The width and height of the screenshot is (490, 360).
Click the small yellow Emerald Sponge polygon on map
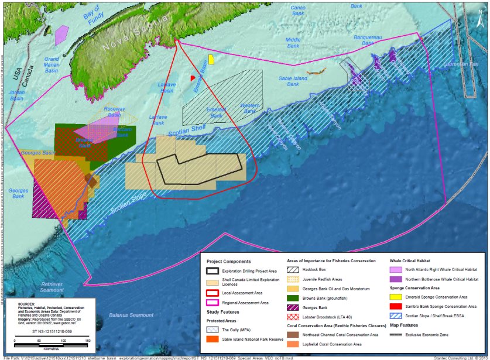coord(211,59)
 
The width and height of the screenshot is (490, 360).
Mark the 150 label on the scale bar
coord(87,341)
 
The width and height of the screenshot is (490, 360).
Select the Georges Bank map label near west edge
coord(18,194)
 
